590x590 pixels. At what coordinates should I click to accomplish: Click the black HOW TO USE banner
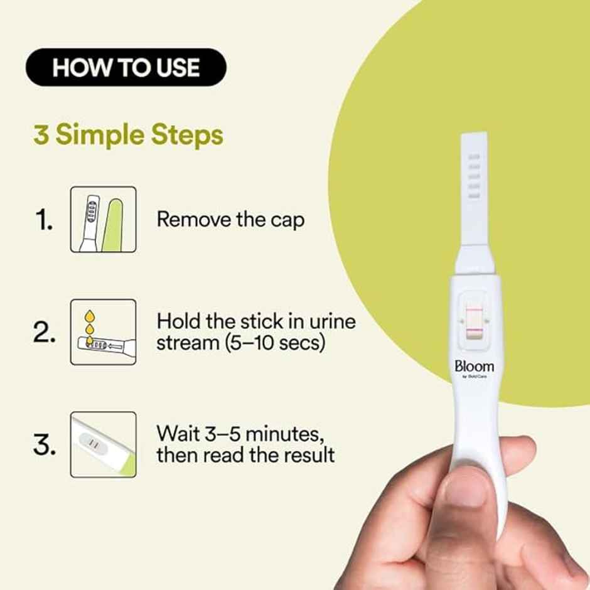(126, 67)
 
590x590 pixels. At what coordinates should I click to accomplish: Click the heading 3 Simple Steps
(128, 136)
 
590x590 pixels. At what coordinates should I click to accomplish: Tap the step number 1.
(43, 220)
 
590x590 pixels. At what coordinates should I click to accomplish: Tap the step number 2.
(45, 333)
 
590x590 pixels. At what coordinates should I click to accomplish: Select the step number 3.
(45, 445)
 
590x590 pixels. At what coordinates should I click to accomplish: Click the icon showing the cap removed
(103, 220)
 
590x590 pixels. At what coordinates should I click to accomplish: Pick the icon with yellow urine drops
(103, 332)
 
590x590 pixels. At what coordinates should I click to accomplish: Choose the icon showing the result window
(103, 444)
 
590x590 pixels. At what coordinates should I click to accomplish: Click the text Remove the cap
(230, 220)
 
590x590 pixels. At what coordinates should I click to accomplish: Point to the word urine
(331, 322)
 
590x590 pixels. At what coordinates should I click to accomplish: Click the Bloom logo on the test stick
(474, 367)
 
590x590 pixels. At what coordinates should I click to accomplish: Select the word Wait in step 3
(178, 434)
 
